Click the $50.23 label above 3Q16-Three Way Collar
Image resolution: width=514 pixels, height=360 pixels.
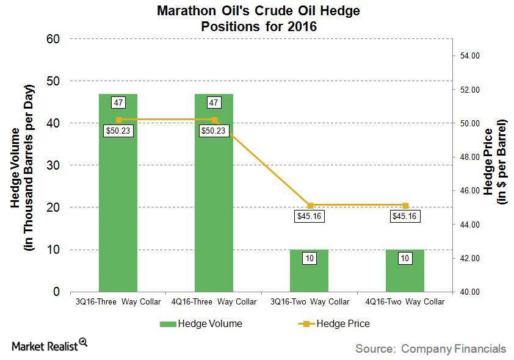(x=118, y=131)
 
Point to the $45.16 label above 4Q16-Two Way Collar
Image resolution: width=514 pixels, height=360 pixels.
(x=405, y=216)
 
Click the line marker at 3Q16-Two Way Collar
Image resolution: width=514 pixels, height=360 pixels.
(x=309, y=206)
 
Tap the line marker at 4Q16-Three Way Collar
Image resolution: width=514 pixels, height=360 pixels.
(x=214, y=120)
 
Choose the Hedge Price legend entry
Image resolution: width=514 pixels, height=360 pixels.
(x=334, y=323)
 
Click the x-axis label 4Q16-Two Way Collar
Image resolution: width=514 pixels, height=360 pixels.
(x=405, y=301)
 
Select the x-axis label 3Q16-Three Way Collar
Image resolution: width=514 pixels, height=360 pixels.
(x=118, y=301)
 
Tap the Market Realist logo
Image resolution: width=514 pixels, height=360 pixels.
(x=49, y=345)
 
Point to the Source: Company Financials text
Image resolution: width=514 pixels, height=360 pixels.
(x=430, y=348)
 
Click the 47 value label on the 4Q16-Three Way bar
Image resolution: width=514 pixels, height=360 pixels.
(x=214, y=103)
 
